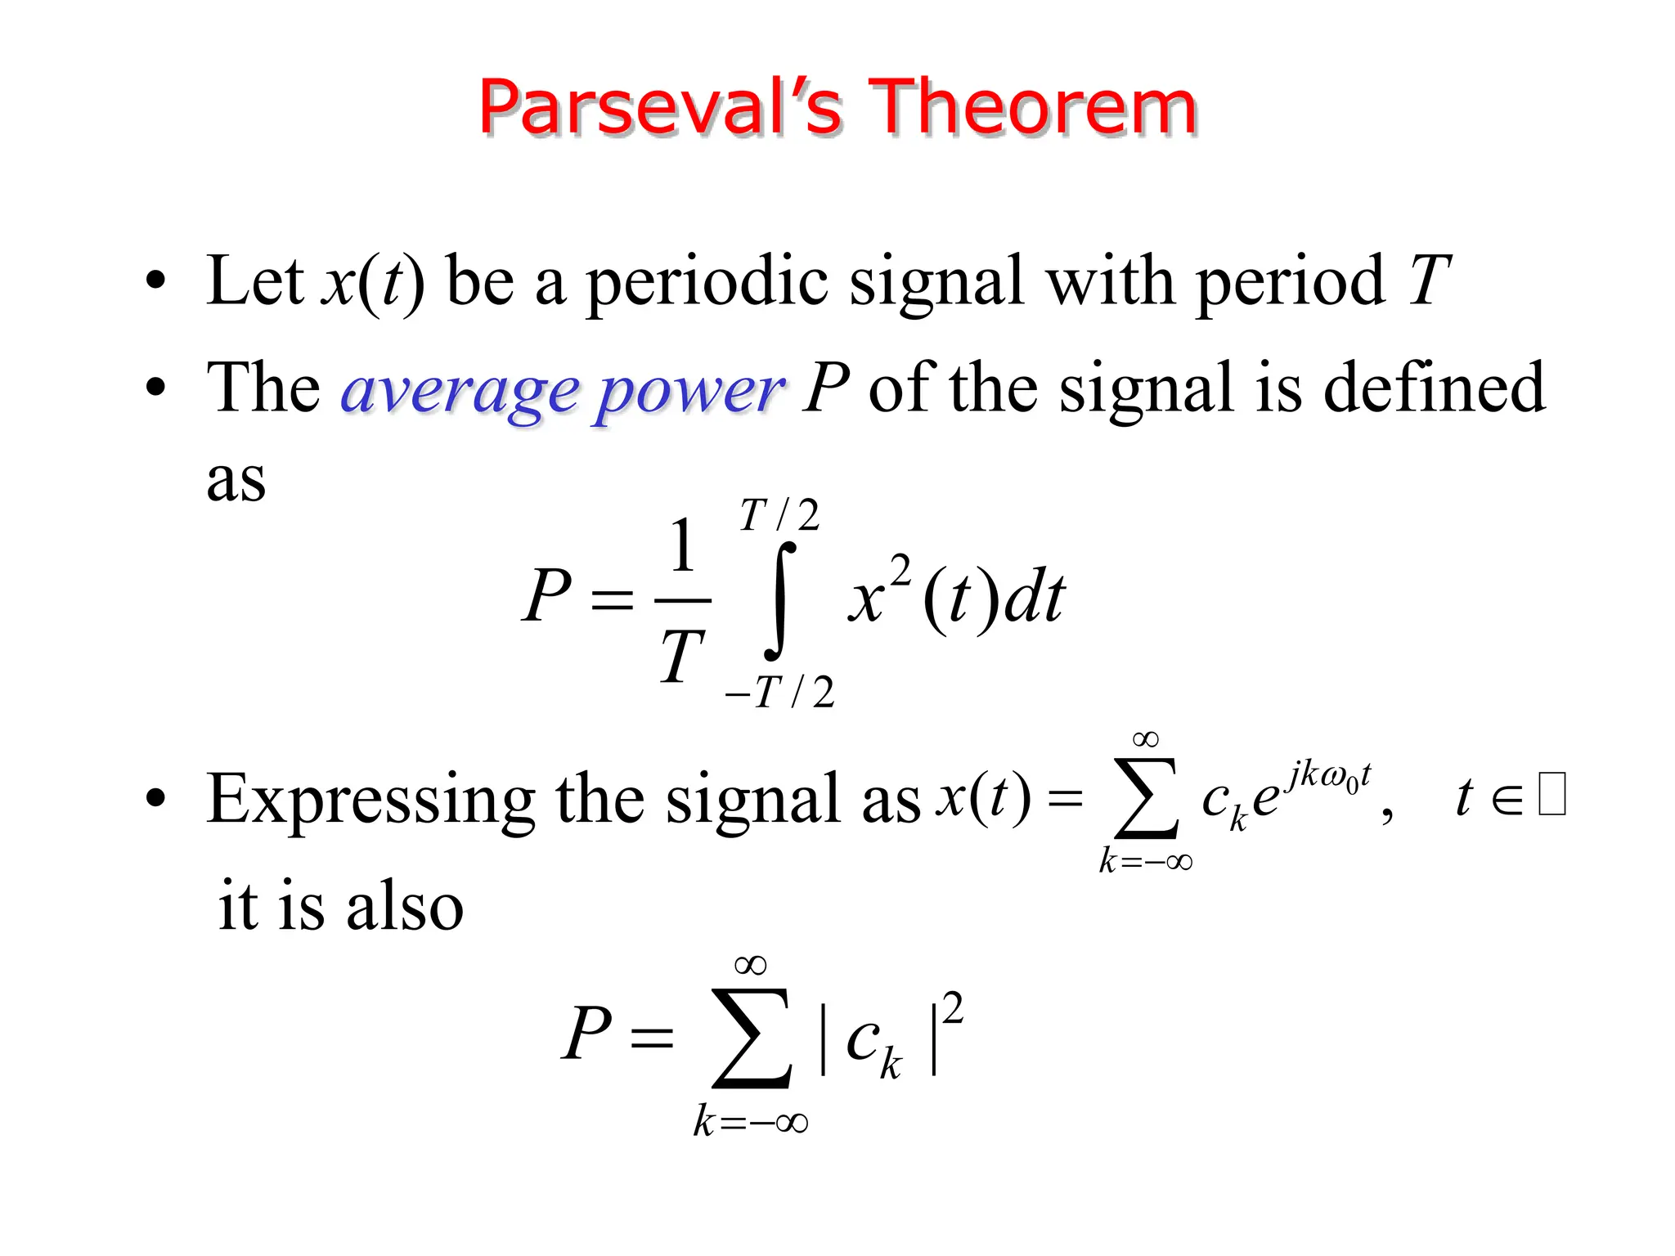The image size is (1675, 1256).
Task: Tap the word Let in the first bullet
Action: [x=255, y=281]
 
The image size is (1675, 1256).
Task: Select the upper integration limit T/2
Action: [x=779, y=516]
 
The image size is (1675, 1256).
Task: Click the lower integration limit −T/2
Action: [x=779, y=693]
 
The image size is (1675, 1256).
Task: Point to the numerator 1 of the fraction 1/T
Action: [x=683, y=546]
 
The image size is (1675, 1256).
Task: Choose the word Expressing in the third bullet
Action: [x=370, y=800]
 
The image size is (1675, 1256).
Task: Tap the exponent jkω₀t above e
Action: [x=1327, y=774]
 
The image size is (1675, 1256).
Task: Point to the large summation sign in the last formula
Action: [x=752, y=1038]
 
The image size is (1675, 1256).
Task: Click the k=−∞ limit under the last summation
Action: [x=751, y=1121]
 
